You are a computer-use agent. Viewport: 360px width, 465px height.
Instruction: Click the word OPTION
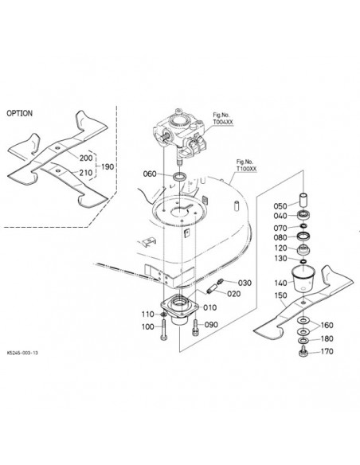click(x=20, y=113)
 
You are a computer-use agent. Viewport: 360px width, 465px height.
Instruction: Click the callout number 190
click(x=108, y=166)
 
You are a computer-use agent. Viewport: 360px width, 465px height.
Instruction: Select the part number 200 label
click(x=86, y=158)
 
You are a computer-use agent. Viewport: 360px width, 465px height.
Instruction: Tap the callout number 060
click(x=150, y=174)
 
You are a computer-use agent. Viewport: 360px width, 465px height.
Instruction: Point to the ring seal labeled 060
click(x=180, y=177)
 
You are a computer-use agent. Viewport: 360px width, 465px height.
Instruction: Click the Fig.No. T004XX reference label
click(x=223, y=119)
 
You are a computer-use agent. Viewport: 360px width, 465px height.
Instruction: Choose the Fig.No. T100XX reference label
click(x=246, y=165)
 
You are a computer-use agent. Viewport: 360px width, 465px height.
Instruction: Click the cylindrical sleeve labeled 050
click(x=303, y=200)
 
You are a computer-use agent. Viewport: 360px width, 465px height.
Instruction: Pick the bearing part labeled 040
click(x=303, y=214)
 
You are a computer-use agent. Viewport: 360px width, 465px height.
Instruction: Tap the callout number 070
click(x=280, y=228)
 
